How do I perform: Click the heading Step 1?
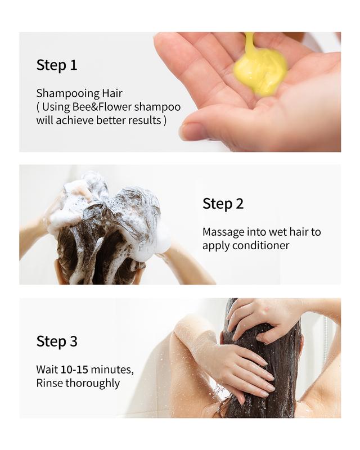[57, 65]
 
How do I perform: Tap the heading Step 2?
[223, 204]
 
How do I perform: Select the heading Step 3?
[57, 341]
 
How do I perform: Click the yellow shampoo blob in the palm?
[260, 70]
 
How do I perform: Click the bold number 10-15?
[74, 370]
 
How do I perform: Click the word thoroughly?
[92, 383]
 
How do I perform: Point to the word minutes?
[112, 370]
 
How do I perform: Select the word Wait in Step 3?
[47, 370]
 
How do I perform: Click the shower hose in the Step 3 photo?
[326, 332]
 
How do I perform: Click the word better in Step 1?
[112, 120]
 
